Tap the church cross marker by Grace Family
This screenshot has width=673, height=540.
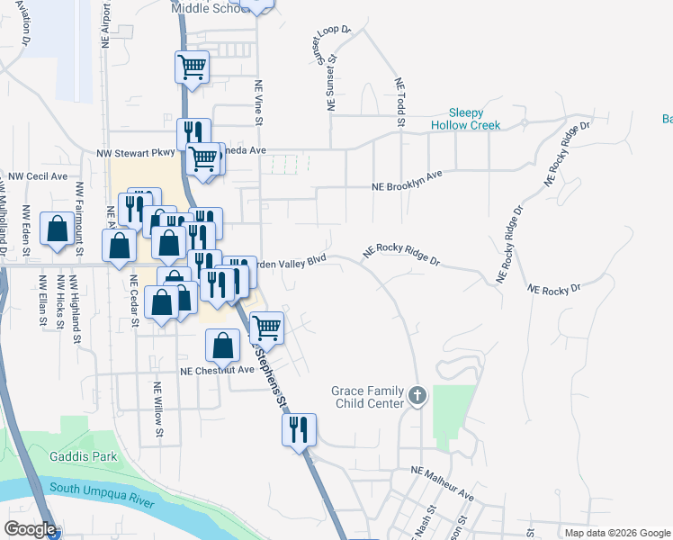tap(417, 395)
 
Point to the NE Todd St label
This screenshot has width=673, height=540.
tap(401, 102)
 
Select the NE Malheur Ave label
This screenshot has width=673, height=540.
tap(442, 482)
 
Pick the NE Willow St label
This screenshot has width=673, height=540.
tap(157, 410)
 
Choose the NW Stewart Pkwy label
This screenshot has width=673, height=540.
tap(135, 154)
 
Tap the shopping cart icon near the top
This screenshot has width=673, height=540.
tap(192, 67)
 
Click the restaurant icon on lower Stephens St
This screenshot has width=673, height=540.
tap(299, 429)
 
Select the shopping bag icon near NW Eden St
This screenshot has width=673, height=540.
tap(58, 229)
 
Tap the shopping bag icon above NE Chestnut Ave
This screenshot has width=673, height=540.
tap(222, 346)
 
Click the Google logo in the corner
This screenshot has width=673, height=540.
tap(30, 529)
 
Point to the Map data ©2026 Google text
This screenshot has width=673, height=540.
tap(617, 533)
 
